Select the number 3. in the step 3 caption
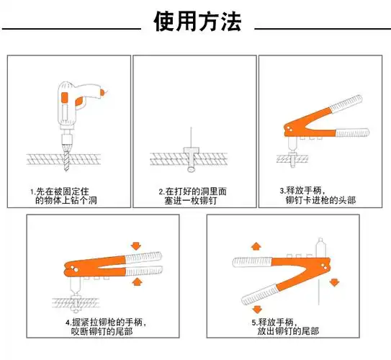(283, 191)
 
